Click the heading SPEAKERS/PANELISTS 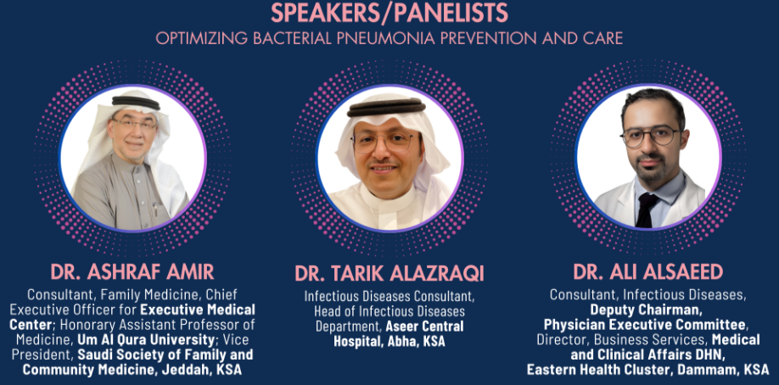(389, 13)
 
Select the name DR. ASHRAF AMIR (132, 271)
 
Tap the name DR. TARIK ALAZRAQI (389, 273)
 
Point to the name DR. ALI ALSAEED (647, 271)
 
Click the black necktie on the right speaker (647, 209)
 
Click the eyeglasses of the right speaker (650, 136)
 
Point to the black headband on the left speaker (136, 102)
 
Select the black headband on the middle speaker (386, 107)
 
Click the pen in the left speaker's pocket (155, 209)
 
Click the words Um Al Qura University (145, 340)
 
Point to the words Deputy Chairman (646, 310)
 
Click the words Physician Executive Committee (645, 325)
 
